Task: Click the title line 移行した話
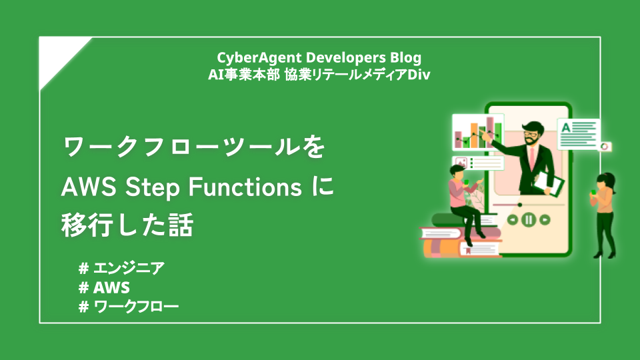click(127, 226)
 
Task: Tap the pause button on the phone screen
click(528, 219)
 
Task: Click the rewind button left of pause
click(512, 219)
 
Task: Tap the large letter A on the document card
click(566, 127)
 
